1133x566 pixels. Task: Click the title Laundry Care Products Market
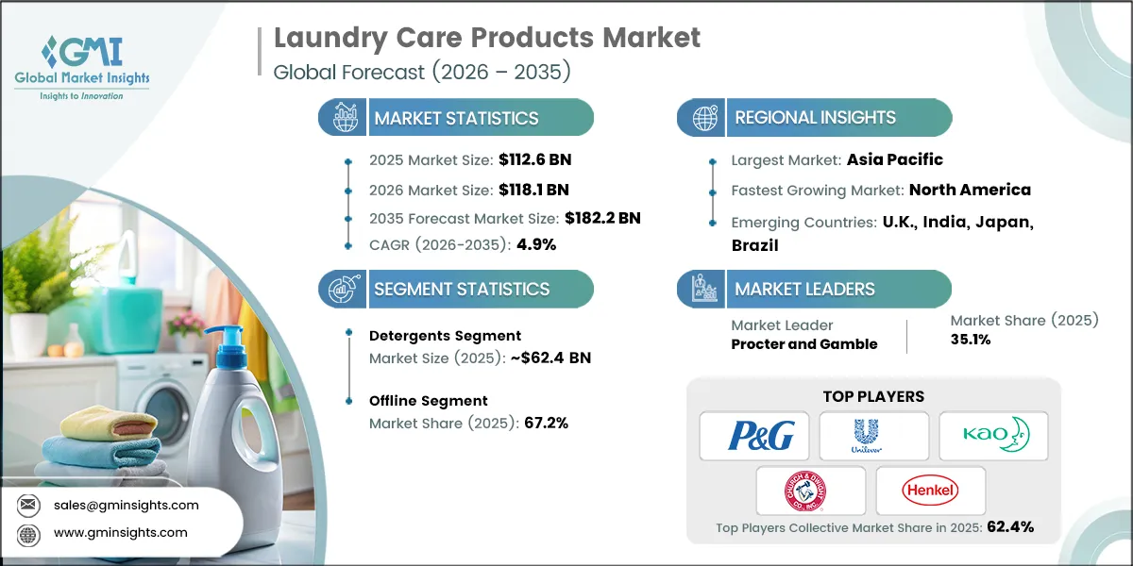(x=487, y=38)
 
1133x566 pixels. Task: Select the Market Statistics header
(x=456, y=118)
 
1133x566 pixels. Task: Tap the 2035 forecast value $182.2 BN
(x=602, y=218)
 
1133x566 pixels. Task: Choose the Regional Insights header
(x=815, y=118)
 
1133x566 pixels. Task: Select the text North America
(x=970, y=190)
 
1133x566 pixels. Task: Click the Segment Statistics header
(x=461, y=290)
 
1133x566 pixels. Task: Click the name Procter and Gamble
(x=803, y=344)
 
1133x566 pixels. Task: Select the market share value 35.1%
(x=971, y=340)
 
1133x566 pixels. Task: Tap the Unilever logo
(x=873, y=436)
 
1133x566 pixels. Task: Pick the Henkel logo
(x=930, y=491)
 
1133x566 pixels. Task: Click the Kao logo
(x=993, y=436)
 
